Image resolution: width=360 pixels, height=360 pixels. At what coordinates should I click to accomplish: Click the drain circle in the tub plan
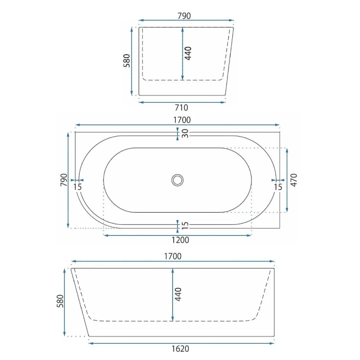click(178, 180)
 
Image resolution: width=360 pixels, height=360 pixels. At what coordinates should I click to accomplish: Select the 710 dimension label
click(181, 108)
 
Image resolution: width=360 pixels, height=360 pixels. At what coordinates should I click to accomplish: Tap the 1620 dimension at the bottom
click(180, 349)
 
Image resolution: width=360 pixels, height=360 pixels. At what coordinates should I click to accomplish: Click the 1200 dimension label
click(180, 240)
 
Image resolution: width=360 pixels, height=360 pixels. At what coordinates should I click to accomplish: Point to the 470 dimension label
click(294, 180)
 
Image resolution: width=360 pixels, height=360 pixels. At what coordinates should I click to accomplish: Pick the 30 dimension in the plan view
click(185, 133)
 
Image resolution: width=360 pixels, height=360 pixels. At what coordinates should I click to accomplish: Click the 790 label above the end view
click(184, 16)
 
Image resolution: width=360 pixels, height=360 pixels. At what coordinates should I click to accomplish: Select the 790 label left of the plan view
click(64, 180)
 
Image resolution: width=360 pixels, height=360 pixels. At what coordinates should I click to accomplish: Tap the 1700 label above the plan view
click(182, 120)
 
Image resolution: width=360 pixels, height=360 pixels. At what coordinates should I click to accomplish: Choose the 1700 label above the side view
click(173, 256)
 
